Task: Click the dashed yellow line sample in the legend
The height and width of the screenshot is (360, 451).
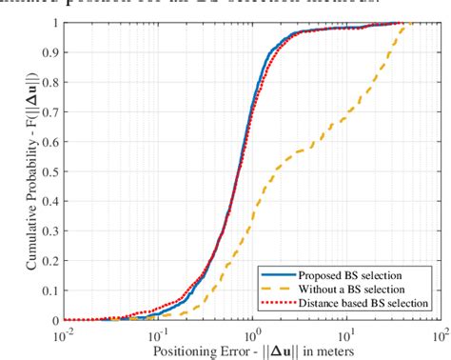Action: point(279,289)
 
